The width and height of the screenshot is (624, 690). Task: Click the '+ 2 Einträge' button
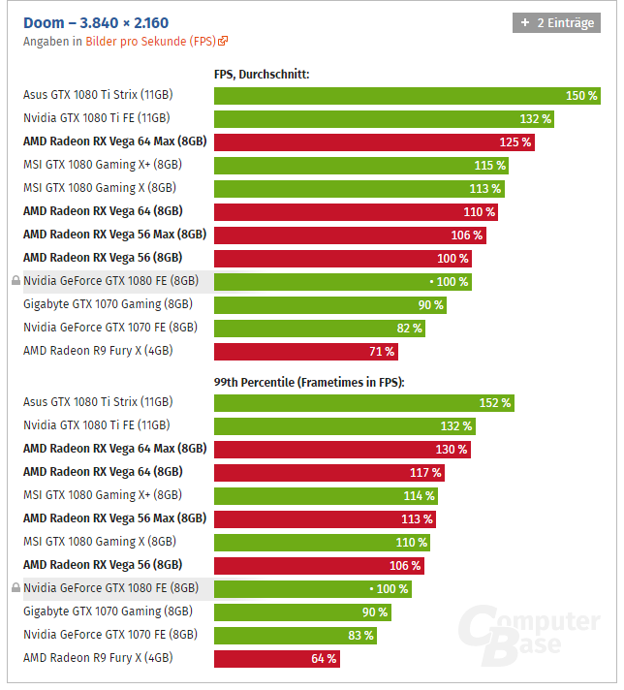click(556, 22)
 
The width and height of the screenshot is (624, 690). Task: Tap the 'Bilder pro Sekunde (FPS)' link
click(156, 42)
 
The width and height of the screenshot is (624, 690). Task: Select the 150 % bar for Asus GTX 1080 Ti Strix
click(407, 96)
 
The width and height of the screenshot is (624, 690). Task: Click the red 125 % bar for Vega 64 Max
click(374, 142)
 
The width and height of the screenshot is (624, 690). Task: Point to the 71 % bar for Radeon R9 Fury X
click(306, 351)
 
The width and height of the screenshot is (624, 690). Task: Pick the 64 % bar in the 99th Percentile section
click(276, 658)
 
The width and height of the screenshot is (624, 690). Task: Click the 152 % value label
click(495, 402)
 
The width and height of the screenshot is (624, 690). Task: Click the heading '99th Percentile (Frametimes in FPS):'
click(309, 382)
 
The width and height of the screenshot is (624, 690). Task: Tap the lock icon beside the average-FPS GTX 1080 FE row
click(16, 281)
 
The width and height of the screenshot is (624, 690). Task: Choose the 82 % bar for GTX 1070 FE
click(319, 328)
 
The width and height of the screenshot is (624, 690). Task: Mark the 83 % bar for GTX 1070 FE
click(295, 635)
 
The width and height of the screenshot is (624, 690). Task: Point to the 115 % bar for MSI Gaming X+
click(359, 165)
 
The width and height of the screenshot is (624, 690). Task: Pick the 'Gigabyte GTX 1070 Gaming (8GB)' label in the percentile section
click(108, 612)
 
